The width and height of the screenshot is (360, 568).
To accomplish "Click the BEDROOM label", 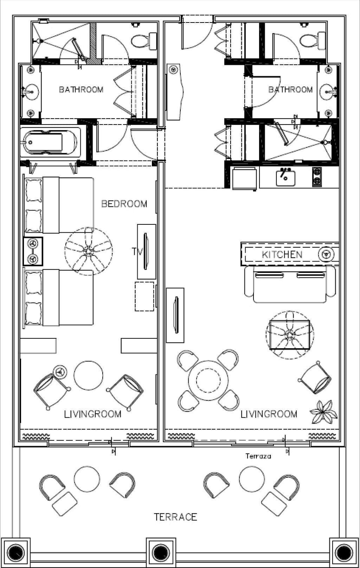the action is pos(124,204).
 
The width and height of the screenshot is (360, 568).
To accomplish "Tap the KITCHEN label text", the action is pos(282,255).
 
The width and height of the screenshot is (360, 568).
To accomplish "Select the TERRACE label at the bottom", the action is pos(176,517).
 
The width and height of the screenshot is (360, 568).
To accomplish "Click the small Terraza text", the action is pos(258,456).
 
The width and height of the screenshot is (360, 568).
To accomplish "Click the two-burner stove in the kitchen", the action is pos(317,176).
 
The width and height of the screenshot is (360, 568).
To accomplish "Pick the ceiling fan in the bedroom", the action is pos(89,251).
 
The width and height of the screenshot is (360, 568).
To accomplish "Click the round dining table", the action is pos(208,380).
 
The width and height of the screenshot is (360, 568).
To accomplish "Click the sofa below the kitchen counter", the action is pos(290,284).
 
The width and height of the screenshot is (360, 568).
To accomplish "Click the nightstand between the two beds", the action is pos(33,251).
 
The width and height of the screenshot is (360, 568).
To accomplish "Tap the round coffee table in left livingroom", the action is pos(88,376).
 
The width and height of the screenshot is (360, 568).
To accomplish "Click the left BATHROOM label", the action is pos(81,90).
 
